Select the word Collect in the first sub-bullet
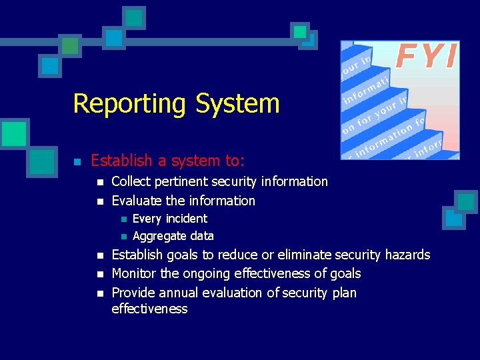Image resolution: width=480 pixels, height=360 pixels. pos(131,181)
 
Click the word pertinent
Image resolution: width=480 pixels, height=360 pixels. pos(181,181)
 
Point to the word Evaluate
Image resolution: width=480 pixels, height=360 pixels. pos(137,201)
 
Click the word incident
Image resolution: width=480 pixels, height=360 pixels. pos(186,219)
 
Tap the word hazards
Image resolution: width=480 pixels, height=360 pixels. pos(407,255)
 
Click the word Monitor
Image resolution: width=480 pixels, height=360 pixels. pos(135,273)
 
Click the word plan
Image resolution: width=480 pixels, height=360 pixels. pos(344,293)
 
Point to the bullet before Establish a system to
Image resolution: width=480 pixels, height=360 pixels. pos(77,161)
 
